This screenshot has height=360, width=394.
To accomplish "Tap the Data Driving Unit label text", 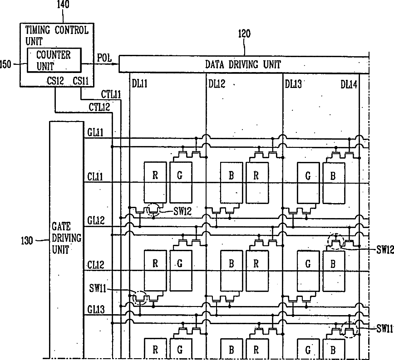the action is [x=243, y=64].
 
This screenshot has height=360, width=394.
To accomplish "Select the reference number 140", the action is [x=63, y=4].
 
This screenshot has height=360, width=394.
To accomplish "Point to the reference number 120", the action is [x=244, y=34].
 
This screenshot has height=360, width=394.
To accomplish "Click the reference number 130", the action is [x=27, y=241].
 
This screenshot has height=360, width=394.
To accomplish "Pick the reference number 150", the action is [x=5, y=64].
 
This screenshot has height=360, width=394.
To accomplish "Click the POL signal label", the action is [x=104, y=58].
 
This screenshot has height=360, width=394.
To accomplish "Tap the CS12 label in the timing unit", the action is [x=55, y=81].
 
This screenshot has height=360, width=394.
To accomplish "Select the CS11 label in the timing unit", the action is [x=81, y=81].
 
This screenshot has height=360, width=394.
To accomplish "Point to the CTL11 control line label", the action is [x=111, y=95].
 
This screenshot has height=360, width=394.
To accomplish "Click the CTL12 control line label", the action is [x=99, y=107].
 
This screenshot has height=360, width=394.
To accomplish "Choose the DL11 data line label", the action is [x=140, y=83].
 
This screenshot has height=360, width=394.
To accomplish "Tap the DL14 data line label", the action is [x=349, y=85].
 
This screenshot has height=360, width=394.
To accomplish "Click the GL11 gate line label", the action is [x=95, y=132].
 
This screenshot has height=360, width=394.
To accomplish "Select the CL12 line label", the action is [x=95, y=265].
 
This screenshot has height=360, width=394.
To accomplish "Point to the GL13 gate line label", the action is [x=96, y=309].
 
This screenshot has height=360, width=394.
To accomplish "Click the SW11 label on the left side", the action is [x=98, y=288].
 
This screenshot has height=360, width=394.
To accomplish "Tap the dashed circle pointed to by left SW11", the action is [x=140, y=291].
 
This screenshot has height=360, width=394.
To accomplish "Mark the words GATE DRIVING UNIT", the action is [x=66, y=238].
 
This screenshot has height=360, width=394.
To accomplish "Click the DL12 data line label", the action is [x=217, y=84].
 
